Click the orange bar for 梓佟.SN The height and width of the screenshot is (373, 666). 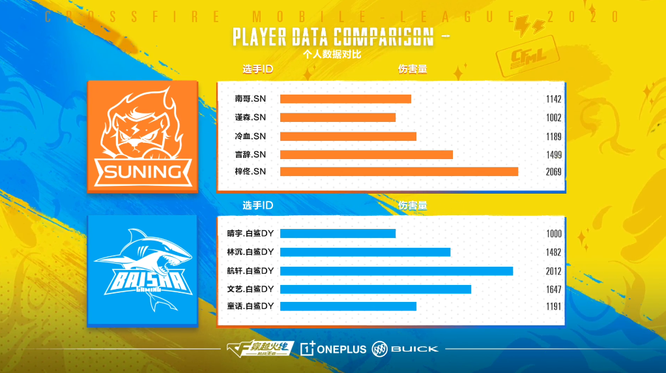tap(399, 172)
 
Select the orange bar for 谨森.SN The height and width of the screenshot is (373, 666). tap(338, 117)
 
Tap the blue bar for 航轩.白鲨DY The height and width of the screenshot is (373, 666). tap(396, 271)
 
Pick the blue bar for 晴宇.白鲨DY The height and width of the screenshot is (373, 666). tap(338, 233)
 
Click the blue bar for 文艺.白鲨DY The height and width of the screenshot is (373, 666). tap(375, 289)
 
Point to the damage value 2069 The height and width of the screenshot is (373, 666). tap(554, 172)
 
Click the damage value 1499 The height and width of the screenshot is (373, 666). tap(554, 155)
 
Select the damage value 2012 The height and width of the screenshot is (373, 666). tap(554, 271)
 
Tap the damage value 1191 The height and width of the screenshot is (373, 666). tap(554, 306)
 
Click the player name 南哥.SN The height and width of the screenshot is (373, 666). tap(250, 99)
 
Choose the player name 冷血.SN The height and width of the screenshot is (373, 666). tap(250, 136)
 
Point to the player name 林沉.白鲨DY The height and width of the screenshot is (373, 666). tap(250, 252)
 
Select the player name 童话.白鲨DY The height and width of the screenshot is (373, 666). tap(250, 306)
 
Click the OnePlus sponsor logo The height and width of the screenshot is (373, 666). tap(334, 349)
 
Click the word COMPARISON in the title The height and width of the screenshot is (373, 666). tap(383, 37)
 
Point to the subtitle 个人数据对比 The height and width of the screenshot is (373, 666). tap(332, 54)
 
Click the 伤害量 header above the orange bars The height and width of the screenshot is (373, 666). tap(413, 69)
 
